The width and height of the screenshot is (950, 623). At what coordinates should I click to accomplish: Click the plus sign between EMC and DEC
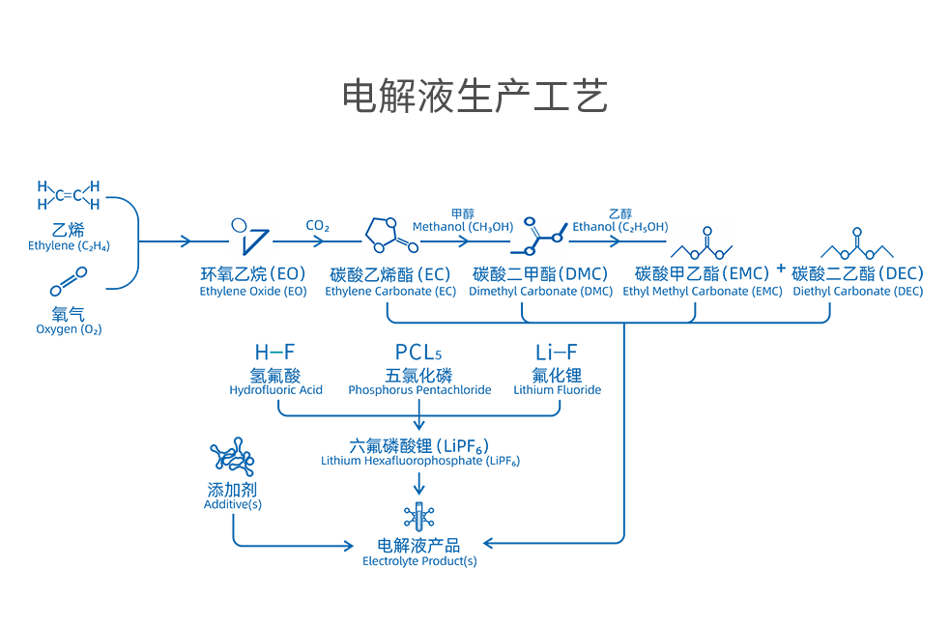point(780,268)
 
